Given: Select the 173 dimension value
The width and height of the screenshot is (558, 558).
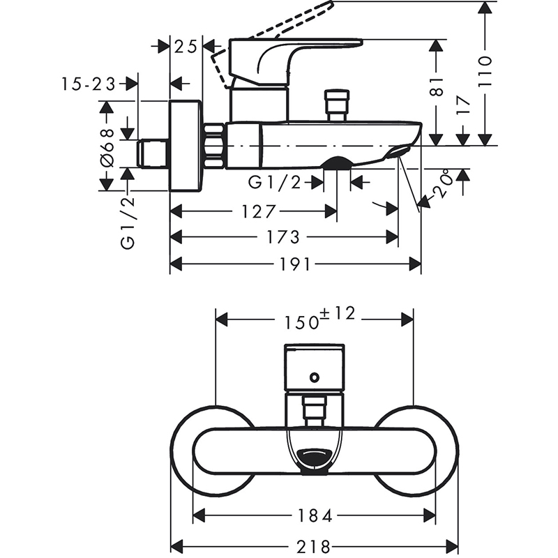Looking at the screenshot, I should (x=284, y=238).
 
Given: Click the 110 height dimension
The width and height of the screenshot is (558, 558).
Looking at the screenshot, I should (x=486, y=70).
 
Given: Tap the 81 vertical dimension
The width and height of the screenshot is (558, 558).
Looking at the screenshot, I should (x=437, y=86).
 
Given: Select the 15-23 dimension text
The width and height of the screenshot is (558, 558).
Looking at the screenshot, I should (x=89, y=84).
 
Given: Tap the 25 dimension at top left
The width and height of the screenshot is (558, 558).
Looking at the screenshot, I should (x=186, y=47).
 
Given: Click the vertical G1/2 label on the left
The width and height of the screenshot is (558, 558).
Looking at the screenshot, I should (x=128, y=223).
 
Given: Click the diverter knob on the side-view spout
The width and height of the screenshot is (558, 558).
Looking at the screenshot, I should (x=337, y=103).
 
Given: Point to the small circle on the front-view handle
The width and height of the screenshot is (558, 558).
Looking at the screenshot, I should (x=315, y=377).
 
